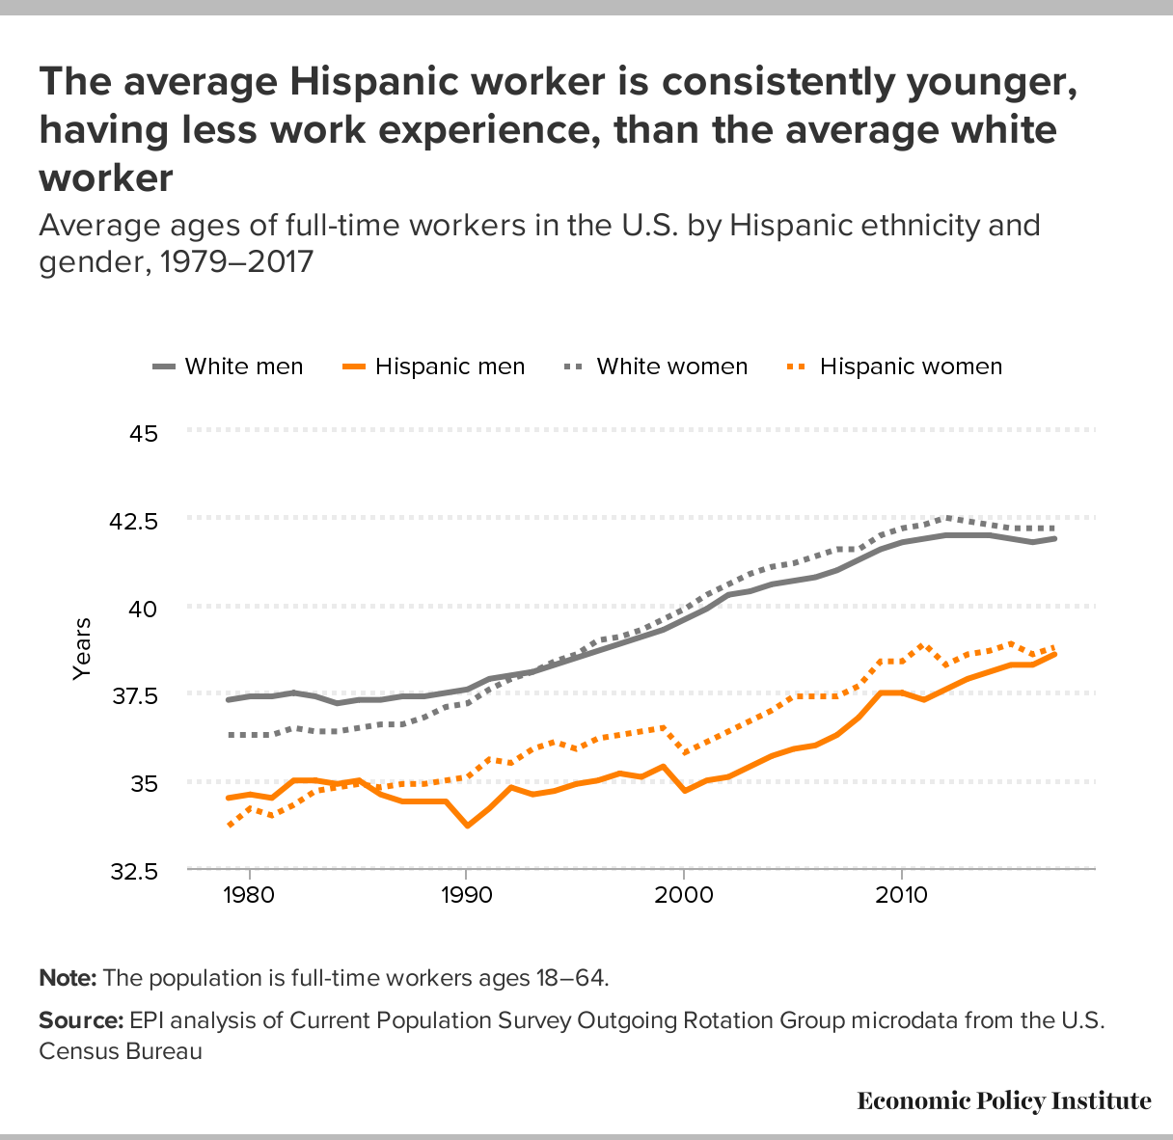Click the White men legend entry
coord(229,366)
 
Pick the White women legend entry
coord(656,366)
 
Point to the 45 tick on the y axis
coord(144,432)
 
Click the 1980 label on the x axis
coord(249,892)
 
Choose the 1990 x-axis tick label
coord(466,892)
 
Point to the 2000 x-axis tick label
coord(684,892)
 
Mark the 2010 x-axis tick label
coord(901,892)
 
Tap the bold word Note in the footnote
coord(68,978)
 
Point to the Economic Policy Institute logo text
coord(1003,1101)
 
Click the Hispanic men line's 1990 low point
coord(467,826)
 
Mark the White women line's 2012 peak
coord(946,518)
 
